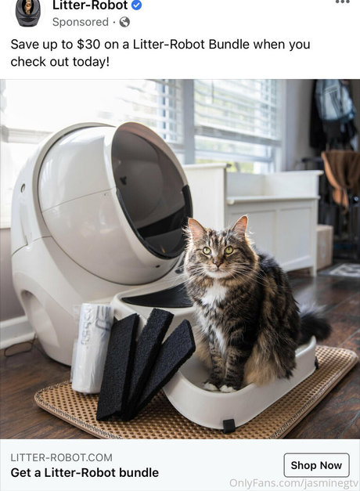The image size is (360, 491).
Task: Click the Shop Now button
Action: click(x=316, y=465)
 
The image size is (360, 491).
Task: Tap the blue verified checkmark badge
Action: click(x=136, y=5)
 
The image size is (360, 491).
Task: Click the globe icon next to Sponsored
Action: click(x=124, y=22)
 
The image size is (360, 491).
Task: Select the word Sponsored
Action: click(x=81, y=22)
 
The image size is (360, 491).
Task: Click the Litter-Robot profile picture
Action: click(x=28, y=13)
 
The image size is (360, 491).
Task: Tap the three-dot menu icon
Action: click(x=342, y=2)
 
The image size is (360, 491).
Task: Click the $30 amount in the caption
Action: click(x=88, y=44)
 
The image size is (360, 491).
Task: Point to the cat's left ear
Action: click(x=241, y=224)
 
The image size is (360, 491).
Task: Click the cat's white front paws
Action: click(x=220, y=388)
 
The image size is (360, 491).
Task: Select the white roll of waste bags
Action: click(x=91, y=348)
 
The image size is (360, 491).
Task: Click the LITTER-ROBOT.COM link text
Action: click(x=61, y=457)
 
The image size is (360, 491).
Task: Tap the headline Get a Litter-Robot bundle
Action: click(x=85, y=472)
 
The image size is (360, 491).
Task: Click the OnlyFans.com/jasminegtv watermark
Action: click(x=293, y=482)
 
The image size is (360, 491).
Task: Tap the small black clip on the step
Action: click(x=229, y=426)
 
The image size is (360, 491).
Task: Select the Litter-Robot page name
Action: click(x=90, y=5)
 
